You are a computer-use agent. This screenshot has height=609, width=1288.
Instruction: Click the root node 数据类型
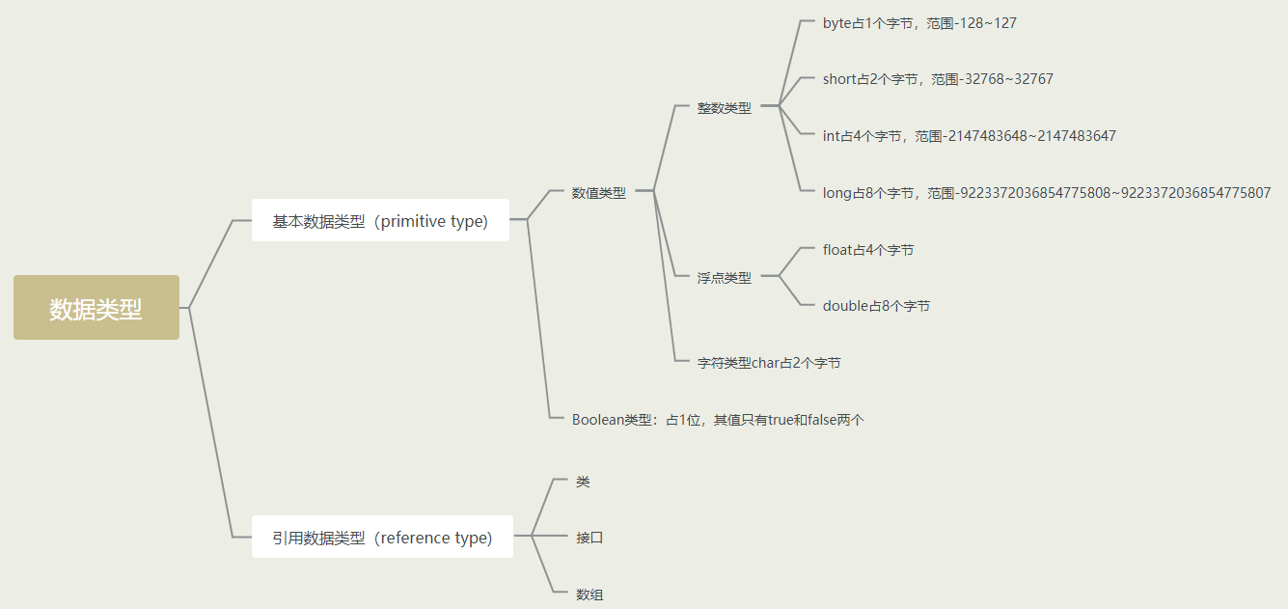[96, 308]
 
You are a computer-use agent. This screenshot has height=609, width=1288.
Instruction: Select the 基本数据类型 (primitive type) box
[380, 221]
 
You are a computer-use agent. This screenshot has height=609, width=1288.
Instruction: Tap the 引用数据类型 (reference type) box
[382, 538]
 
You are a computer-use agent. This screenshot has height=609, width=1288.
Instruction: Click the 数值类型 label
[598, 193]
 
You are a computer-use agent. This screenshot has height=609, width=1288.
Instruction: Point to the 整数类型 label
[724, 108]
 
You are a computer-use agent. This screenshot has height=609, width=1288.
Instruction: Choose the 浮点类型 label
[724, 278]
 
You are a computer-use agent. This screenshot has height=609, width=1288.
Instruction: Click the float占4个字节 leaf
[867, 250]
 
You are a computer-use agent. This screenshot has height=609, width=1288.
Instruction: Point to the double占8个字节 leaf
[876, 306]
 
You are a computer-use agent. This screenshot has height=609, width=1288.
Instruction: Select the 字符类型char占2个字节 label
[768, 363]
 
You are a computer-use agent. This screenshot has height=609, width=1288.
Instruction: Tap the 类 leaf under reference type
[583, 482]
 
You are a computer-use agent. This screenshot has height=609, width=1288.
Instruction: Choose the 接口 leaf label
[589, 538]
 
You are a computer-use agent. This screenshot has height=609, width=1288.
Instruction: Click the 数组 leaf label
[589, 595]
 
